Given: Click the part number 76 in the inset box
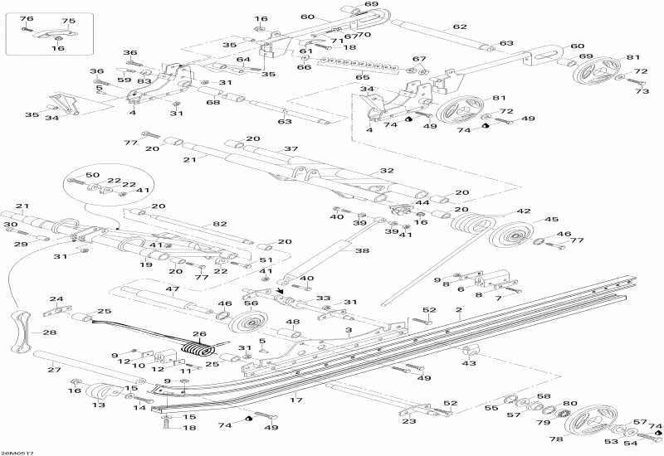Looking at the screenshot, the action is [27, 18].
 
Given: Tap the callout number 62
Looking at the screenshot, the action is [460, 27].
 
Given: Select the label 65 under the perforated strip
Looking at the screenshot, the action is [362, 77].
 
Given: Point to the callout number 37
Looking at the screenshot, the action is [291, 149].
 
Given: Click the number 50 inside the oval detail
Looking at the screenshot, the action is [92, 175].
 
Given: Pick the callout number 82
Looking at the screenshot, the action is [220, 224].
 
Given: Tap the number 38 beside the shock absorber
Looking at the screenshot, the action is [362, 250].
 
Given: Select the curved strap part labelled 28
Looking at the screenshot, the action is [20, 332].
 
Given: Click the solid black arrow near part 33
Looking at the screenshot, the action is [281, 291].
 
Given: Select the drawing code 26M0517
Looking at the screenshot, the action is [17, 453].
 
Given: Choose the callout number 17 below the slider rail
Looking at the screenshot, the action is [296, 400].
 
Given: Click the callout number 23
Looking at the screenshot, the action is [409, 421].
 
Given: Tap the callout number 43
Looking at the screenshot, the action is [469, 363].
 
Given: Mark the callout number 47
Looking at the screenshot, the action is [173, 289].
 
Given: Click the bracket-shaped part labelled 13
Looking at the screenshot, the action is [100, 391].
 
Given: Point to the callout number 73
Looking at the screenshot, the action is [642, 90].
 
